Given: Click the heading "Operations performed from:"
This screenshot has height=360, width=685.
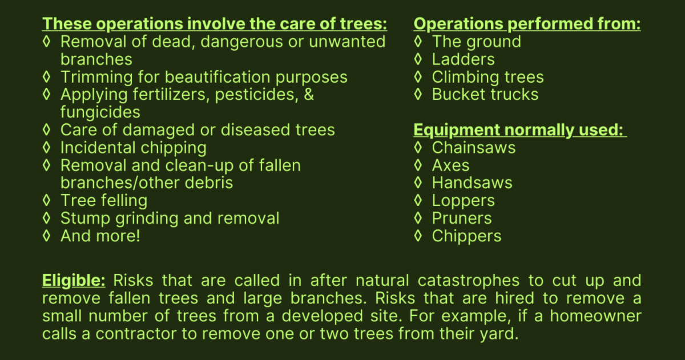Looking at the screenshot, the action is tap(527, 24).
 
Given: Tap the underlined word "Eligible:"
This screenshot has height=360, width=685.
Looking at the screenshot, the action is tap(74, 281).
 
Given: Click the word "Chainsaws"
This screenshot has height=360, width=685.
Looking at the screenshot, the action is tap(474, 148).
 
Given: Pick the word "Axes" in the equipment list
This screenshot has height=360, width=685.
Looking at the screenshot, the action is tap(450, 165).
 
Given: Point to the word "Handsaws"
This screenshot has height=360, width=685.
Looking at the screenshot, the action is tap(472, 183).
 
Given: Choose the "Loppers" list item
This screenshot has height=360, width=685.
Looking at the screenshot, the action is tap(464, 201).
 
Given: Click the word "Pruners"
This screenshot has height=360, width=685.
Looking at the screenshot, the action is tap(462, 218).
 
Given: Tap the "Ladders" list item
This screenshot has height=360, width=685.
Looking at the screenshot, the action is tap(464, 59).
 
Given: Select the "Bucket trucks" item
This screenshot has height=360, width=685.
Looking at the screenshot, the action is tap(485, 95).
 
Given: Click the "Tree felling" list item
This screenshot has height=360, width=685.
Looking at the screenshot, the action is tap(104, 201).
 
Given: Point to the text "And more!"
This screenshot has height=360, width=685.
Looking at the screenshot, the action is tap(100, 236).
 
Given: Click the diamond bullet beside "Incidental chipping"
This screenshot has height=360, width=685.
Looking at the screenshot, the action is tap(46, 147).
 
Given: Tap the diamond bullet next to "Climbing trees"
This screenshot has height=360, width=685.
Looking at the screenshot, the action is tap(418, 76).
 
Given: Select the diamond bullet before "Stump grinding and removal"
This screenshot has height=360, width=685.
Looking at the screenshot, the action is tap(46, 218).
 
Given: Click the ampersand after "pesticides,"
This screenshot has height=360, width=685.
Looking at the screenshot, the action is tap(309, 95).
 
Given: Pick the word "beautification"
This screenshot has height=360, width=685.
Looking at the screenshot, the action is tap(217, 77).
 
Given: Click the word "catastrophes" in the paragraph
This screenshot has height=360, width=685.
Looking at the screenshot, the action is tap(469, 281).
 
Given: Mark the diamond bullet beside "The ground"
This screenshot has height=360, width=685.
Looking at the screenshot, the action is tap(418, 41).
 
